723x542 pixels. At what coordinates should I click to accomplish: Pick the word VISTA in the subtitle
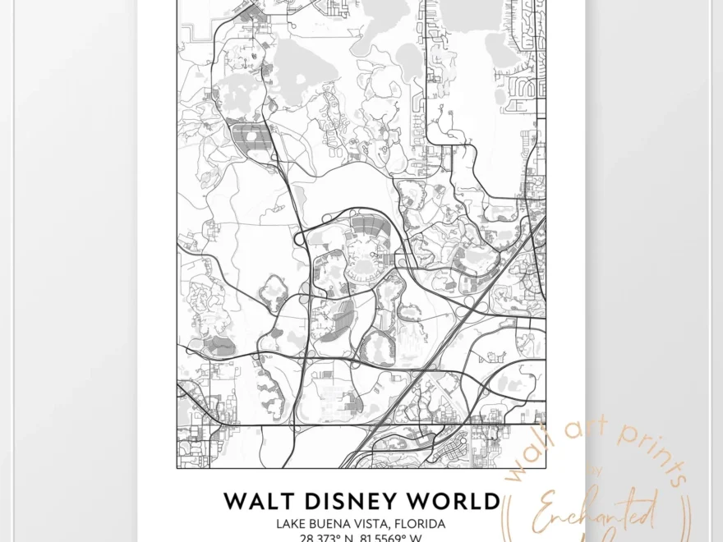380,523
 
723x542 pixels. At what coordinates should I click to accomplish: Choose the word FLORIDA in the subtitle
424,523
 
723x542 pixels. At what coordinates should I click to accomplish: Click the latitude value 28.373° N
323,538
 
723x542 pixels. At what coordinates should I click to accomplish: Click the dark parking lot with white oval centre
251,139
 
